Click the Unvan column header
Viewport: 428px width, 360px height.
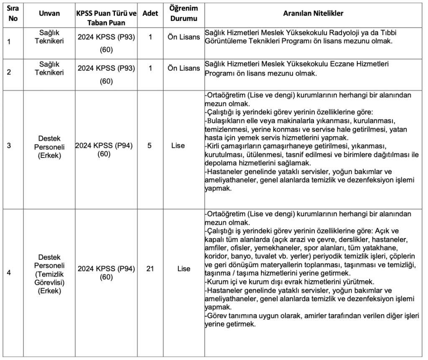49,13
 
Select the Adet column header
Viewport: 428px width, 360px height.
150,13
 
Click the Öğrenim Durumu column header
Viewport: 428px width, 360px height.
183,13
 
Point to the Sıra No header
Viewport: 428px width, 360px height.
13,13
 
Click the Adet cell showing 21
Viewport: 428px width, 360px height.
150,269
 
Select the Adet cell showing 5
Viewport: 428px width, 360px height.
150,146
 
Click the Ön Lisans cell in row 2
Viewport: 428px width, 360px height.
183,68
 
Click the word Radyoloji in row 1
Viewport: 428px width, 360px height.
334,33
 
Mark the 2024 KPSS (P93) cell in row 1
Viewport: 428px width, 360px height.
106,37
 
